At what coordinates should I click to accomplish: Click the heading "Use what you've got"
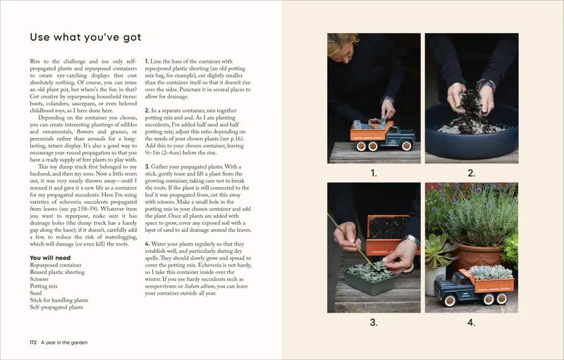[85, 37]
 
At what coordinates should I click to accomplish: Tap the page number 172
[32, 342]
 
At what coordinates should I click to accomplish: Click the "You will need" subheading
[49, 258]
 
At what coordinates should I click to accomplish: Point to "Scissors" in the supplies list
[39, 280]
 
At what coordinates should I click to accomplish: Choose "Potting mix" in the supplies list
[44, 287]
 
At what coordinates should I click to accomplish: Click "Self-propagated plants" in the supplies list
[56, 308]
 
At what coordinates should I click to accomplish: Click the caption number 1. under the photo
[374, 173]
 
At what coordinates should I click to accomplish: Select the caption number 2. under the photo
[471, 173]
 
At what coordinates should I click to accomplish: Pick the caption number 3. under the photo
[374, 323]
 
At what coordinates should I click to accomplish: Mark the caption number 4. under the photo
[471, 323]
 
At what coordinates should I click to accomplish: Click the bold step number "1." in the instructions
[147, 62]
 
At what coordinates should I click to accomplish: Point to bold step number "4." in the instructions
[147, 244]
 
